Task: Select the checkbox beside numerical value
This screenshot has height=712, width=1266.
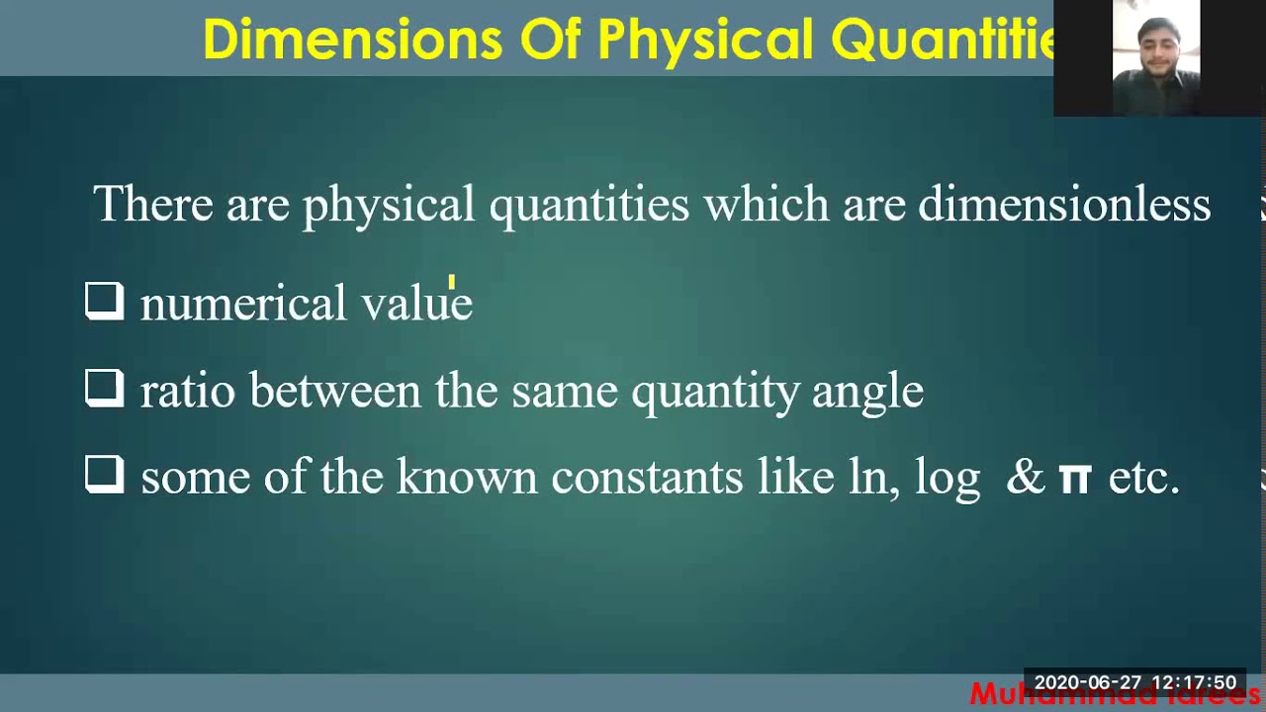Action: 104,302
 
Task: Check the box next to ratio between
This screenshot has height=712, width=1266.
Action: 104,389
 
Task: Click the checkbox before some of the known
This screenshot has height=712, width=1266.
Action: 104,475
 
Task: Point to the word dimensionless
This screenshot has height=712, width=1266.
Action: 1064,205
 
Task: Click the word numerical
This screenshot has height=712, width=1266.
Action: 243,305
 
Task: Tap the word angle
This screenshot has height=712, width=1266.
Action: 867,392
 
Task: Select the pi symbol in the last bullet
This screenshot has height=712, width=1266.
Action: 1074,479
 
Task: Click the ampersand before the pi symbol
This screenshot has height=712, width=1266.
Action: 1026,478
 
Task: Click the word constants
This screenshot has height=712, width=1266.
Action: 647,478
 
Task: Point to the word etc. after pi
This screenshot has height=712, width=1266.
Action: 1144,479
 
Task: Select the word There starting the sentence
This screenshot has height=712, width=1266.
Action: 153,205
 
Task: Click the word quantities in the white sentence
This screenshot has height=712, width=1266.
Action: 588,206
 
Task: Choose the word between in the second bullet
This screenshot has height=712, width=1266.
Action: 335,391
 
